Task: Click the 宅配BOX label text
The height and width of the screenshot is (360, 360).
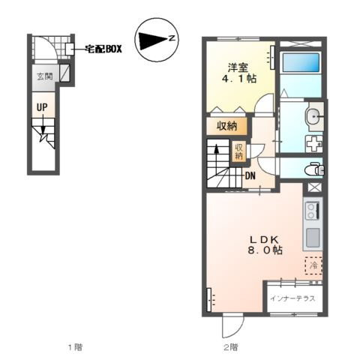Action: pos(103,49)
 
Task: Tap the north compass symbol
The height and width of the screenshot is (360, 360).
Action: pos(157,40)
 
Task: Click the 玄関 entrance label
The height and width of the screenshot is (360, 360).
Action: pos(45,76)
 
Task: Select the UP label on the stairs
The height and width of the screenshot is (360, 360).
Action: pos(42,107)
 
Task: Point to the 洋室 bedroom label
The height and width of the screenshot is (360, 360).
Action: pos(238,67)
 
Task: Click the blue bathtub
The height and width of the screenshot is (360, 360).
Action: pos(301,62)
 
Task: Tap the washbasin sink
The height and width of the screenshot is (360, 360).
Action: pos(313,116)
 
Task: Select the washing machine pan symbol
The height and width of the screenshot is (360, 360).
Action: pos(314,143)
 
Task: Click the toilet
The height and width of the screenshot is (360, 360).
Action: pos(314,169)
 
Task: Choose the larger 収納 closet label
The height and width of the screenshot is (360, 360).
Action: pos(226,126)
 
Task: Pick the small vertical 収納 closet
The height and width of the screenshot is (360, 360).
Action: pos(238,151)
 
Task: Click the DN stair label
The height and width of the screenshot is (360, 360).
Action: pos(250,176)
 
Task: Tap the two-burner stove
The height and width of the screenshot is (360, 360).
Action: pos(313,211)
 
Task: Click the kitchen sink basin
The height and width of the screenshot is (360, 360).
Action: pos(313,237)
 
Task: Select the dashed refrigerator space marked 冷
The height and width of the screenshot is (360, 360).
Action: pos(313,265)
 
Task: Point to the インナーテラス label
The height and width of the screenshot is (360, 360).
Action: pos(292,298)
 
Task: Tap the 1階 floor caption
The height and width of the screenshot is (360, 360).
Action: pos(75,347)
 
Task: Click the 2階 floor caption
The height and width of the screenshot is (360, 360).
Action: pos(231,347)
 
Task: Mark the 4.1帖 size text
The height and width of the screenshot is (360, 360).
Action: pos(239,79)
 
